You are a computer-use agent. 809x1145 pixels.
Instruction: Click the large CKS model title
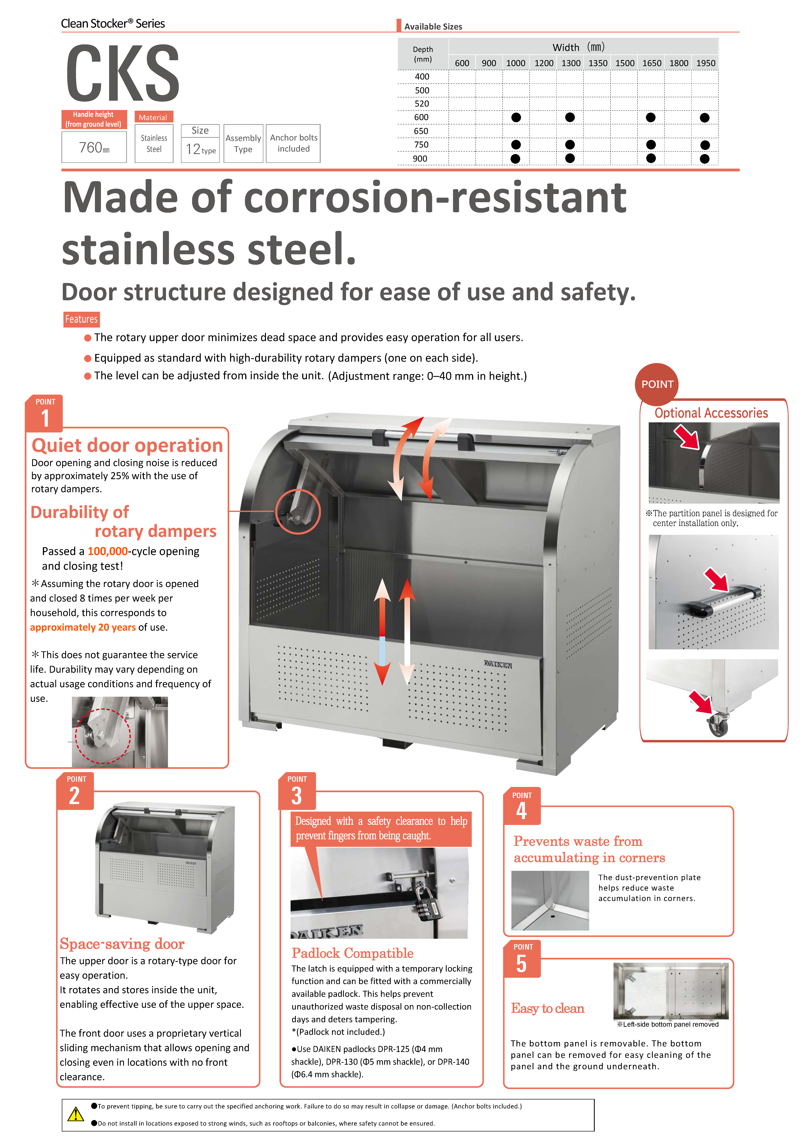tap(123, 73)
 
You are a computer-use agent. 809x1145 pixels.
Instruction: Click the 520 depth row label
tap(422, 104)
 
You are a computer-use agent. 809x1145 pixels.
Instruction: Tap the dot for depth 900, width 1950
tap(704, 159)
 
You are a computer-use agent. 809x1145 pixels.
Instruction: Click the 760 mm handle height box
tap(94, 147)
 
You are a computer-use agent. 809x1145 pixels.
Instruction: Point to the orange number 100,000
tap(108, 551)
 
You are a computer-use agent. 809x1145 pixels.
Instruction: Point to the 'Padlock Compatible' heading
tap(352, 953)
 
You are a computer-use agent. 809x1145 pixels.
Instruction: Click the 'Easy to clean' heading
tap(547, 1008)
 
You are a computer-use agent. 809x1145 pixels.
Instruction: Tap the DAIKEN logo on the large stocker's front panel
tap(498, 664)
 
